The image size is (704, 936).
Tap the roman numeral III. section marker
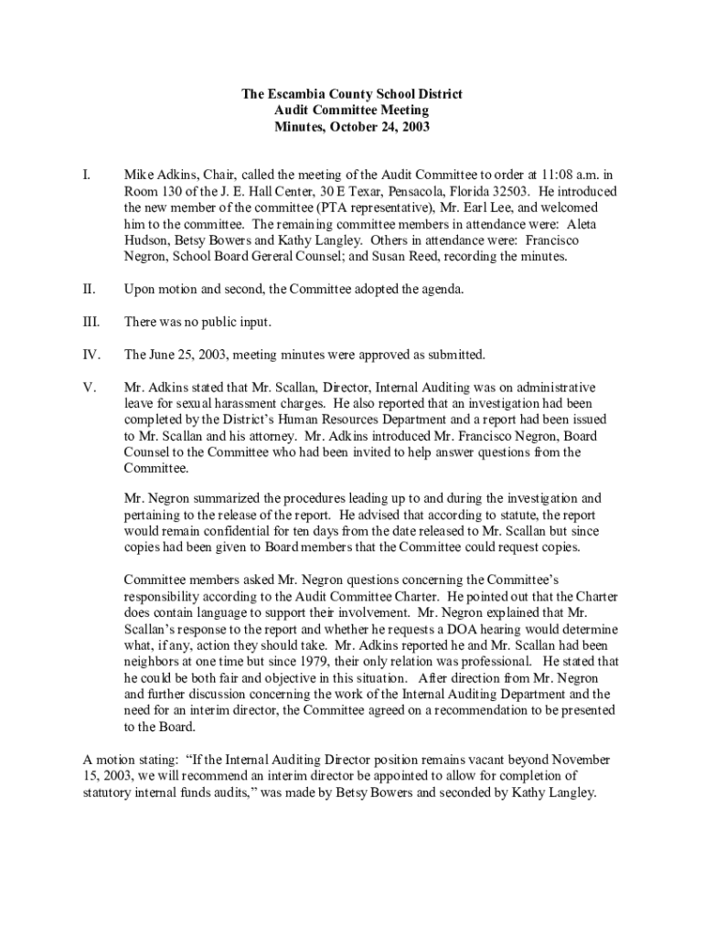90,322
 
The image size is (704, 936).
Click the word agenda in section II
440,290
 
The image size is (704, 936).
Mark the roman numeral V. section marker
90,388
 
